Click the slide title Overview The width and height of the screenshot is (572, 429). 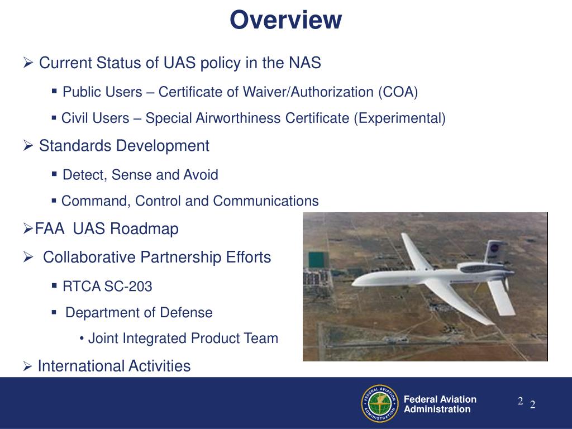(286, 20)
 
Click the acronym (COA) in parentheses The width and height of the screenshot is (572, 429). (398, 92)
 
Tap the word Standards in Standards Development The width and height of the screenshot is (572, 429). (75, 146)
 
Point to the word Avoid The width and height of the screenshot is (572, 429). (201, 175)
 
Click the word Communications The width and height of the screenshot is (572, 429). (266, 201)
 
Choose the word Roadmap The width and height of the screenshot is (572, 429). (144, 228)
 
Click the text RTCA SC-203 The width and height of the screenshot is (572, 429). (107, 287)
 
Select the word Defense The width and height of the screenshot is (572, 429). (186, 313)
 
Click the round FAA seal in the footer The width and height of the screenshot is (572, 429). (380, 403)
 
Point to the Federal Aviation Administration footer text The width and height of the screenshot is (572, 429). (440, 404)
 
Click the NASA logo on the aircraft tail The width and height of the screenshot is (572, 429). (494, 249)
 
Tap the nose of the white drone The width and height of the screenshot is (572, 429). (353, 283)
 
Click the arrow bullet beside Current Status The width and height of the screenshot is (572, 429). (28, 63)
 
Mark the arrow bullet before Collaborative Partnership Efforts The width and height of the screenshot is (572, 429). (28, 258)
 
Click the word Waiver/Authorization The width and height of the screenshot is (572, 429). (308, 92)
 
